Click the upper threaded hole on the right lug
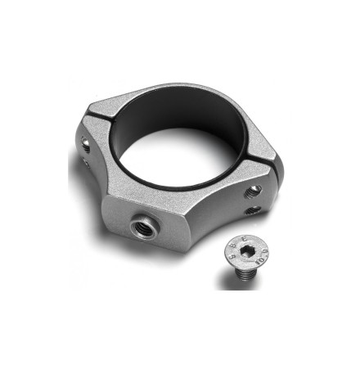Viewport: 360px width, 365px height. (255, 190)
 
